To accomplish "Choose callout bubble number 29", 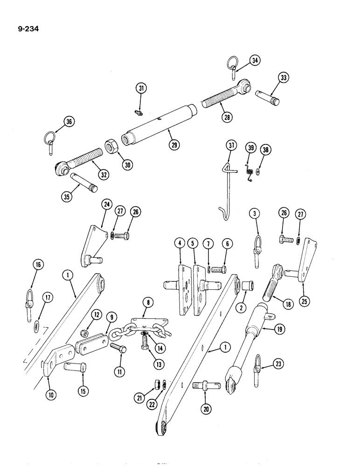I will point(174,144).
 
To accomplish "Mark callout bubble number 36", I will point(69,122).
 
